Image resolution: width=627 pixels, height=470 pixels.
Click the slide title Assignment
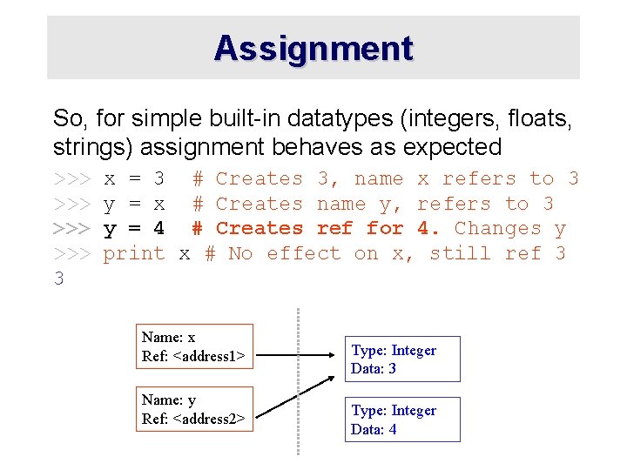(x=313, y=48)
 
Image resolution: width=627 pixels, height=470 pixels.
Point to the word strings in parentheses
(x=87, y=146)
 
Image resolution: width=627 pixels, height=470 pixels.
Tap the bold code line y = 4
(x=134, y=229)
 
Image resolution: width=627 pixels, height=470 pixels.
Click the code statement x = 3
(x=134, y=179)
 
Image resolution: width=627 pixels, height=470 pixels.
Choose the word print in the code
(x=134, y=253)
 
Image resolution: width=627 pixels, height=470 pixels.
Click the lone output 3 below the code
(x=58, y=279)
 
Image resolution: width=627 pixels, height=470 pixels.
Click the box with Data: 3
(x=402, y=359)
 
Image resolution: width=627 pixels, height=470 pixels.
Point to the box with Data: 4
(x=402, y=420)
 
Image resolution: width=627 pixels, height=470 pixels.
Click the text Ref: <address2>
(x=193, y=418)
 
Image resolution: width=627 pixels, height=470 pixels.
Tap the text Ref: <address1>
(x=193, y=355)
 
